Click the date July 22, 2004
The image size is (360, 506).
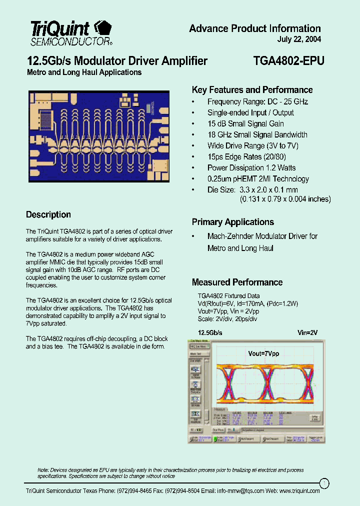(299, 39)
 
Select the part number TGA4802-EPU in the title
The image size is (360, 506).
(288, 61)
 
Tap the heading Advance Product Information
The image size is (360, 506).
(254, 28)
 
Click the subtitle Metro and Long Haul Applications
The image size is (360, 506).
(84, 72)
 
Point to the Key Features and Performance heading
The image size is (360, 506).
(252, 90)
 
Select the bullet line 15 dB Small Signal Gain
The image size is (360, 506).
(245, 123)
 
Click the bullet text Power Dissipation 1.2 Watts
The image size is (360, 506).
(251, 167)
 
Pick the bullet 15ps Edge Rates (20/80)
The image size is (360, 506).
(246, 156)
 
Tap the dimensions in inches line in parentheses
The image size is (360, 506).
(285, 199)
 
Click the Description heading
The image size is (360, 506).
(48, 214)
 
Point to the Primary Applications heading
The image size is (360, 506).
(232, 222)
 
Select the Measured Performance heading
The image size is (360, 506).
(237, 282)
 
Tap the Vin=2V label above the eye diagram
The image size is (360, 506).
(307, 332)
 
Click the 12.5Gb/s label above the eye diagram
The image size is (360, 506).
(210, 332)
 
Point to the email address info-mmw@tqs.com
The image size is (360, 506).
(240, 491)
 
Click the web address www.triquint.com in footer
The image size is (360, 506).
(299, 491)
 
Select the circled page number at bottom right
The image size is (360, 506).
(324, 482)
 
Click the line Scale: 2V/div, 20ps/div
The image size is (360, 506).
(227, 318)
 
